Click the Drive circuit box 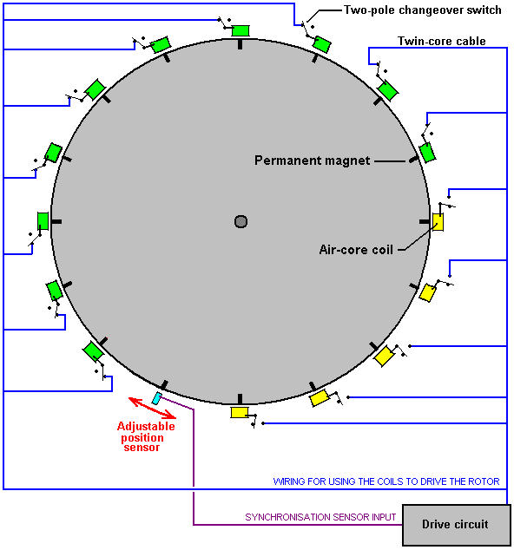[x=457, y=525]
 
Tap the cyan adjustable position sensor [x=156, y=398]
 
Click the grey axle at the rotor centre [x=241, y=222]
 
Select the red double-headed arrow [x=152, y=408]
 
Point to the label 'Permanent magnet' [x=312, y=160]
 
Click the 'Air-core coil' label [x=356, y=250]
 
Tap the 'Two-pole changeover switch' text [x=422, y=10]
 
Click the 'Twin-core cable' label [x=442, y=41]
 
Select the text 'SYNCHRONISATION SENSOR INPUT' [x=320, y=517]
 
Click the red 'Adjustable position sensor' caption [x=145, y=436]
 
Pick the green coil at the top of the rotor [x=241, y=30]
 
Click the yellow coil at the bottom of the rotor [x=240, y=413]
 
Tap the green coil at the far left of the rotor [x=43, y=221]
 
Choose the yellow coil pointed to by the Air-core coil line [x=438, y=222]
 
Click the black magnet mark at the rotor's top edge [x=241, y=44]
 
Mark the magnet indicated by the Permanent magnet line [x=414, y=160]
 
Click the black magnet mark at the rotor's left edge [x=56, y=222]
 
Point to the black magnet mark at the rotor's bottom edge [x=241, y=399]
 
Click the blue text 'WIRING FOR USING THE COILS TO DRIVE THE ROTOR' [x=386, y=481]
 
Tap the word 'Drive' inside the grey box [x=436, y=524]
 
